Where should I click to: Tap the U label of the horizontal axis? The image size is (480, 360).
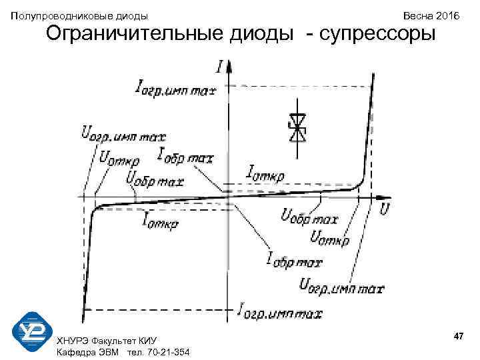point(385,209)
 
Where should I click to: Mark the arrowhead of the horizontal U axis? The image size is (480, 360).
point(385,197)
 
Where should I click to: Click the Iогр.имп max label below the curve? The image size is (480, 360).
point(280,311)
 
